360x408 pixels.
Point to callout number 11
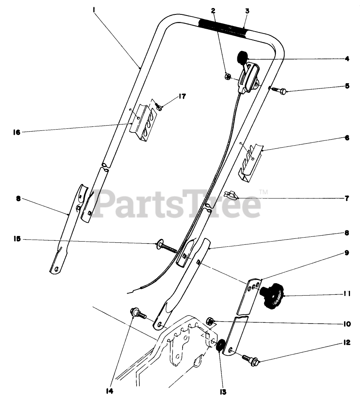pyautogui.click(x=346, y=294)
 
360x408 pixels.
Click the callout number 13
pyautogui.click(x=223, y=392)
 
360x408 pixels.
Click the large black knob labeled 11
pyautogui.click(x=272, y=296)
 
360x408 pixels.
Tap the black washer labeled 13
pyautogui.click(x=219, y=345)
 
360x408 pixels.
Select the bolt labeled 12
pyautogui.click(x=249, y=358)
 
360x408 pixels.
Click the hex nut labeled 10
pyautogui.click(x=211, y=320)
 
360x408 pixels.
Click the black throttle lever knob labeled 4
pyautogui.click(x=242, y=58)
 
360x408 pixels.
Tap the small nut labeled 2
pyautogui.click(x=226, y=76)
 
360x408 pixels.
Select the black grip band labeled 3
pyautogui.click(x=223, y=27)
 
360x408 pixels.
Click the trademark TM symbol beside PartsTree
pyautogui.click(x=263, y=192)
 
